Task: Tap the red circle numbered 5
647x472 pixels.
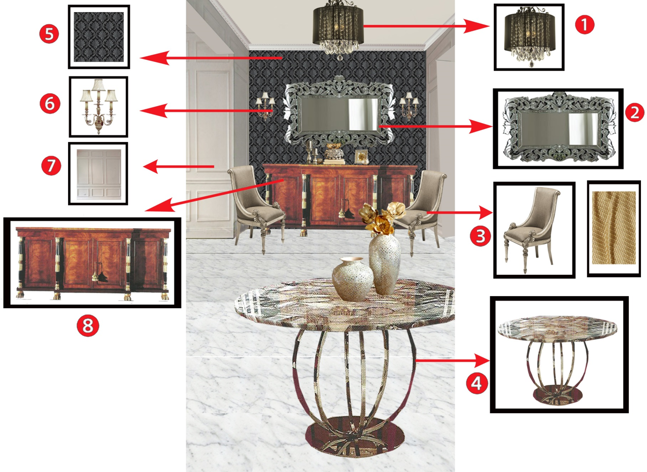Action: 49,34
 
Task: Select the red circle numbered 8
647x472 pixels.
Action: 88,325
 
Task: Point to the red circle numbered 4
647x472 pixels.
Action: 476,383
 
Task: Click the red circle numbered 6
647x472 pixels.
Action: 50,103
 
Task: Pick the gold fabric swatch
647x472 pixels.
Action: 614,228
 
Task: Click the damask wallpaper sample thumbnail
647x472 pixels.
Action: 99,37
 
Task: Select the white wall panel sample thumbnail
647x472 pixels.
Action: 98,174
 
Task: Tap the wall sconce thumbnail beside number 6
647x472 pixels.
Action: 98,107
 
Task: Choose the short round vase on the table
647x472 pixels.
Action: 353,279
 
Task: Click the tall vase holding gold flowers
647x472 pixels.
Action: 385,264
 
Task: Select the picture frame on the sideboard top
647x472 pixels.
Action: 361,157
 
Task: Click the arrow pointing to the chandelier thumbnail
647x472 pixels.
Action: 426,26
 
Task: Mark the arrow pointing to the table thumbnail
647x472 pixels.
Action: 452,360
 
